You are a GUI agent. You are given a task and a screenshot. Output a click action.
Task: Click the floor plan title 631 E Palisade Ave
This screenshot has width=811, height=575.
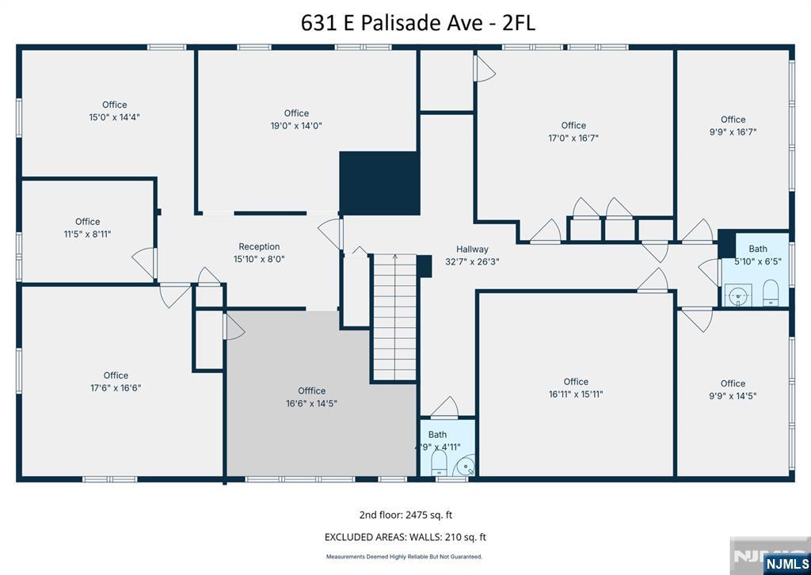[417, 23]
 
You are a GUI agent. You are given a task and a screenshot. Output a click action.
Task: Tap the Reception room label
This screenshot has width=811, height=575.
[259, 246]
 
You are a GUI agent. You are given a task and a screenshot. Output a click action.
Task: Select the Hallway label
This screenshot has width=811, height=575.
[472, 249]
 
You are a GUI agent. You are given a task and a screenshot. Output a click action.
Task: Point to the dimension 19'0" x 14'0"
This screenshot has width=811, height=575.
[296, 125]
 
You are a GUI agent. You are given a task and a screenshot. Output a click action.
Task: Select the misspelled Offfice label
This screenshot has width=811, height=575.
[311, 390]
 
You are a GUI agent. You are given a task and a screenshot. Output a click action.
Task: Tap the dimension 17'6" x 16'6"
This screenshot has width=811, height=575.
[116, 388]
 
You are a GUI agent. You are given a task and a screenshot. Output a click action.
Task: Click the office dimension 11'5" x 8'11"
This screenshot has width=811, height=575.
[88, 234]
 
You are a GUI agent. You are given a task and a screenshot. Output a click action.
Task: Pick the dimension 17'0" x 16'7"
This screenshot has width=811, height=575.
[573, 137]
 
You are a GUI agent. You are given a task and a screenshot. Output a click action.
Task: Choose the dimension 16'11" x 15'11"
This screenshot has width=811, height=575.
[576, 394]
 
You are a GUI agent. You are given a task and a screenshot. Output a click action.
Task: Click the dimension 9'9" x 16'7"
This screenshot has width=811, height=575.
[733, 132]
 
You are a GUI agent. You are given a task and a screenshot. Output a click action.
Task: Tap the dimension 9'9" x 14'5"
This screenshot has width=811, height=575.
[733, 396]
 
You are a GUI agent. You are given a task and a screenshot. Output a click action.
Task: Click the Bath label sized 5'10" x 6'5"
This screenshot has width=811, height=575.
[758, 249]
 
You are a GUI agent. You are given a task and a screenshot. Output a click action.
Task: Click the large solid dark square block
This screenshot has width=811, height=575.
[379, 182]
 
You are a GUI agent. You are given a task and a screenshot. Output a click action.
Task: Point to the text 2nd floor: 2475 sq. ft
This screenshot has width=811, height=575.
[405, 514]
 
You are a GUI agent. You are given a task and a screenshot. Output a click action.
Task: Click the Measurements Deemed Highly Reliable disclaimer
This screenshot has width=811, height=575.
[405, 557]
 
